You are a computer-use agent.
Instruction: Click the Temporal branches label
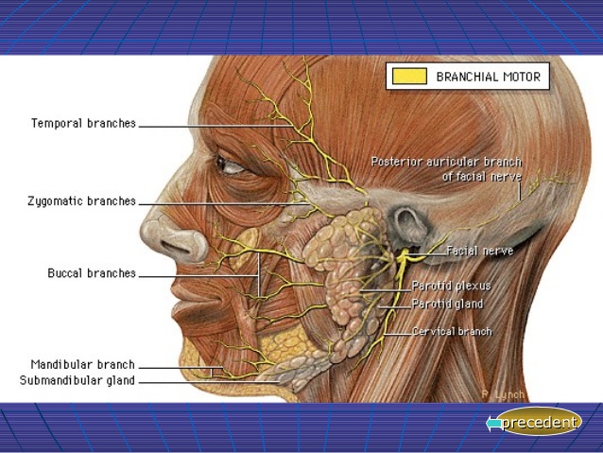83,124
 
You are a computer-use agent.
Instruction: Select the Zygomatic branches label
81,201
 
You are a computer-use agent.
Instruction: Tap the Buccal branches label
92,273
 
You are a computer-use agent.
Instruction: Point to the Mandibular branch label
82,364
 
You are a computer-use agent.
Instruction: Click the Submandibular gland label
78,381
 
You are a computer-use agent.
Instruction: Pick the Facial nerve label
480,252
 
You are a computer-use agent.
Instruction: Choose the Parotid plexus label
451,286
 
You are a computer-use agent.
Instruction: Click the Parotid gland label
447,304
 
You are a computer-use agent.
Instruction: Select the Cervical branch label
452,332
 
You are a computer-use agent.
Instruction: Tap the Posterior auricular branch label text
446,168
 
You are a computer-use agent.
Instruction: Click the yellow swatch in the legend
409,77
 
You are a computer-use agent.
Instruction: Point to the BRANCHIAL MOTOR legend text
488,78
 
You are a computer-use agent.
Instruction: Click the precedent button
538,423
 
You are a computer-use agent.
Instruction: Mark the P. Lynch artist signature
502,393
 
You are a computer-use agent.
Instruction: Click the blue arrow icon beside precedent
493,424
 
